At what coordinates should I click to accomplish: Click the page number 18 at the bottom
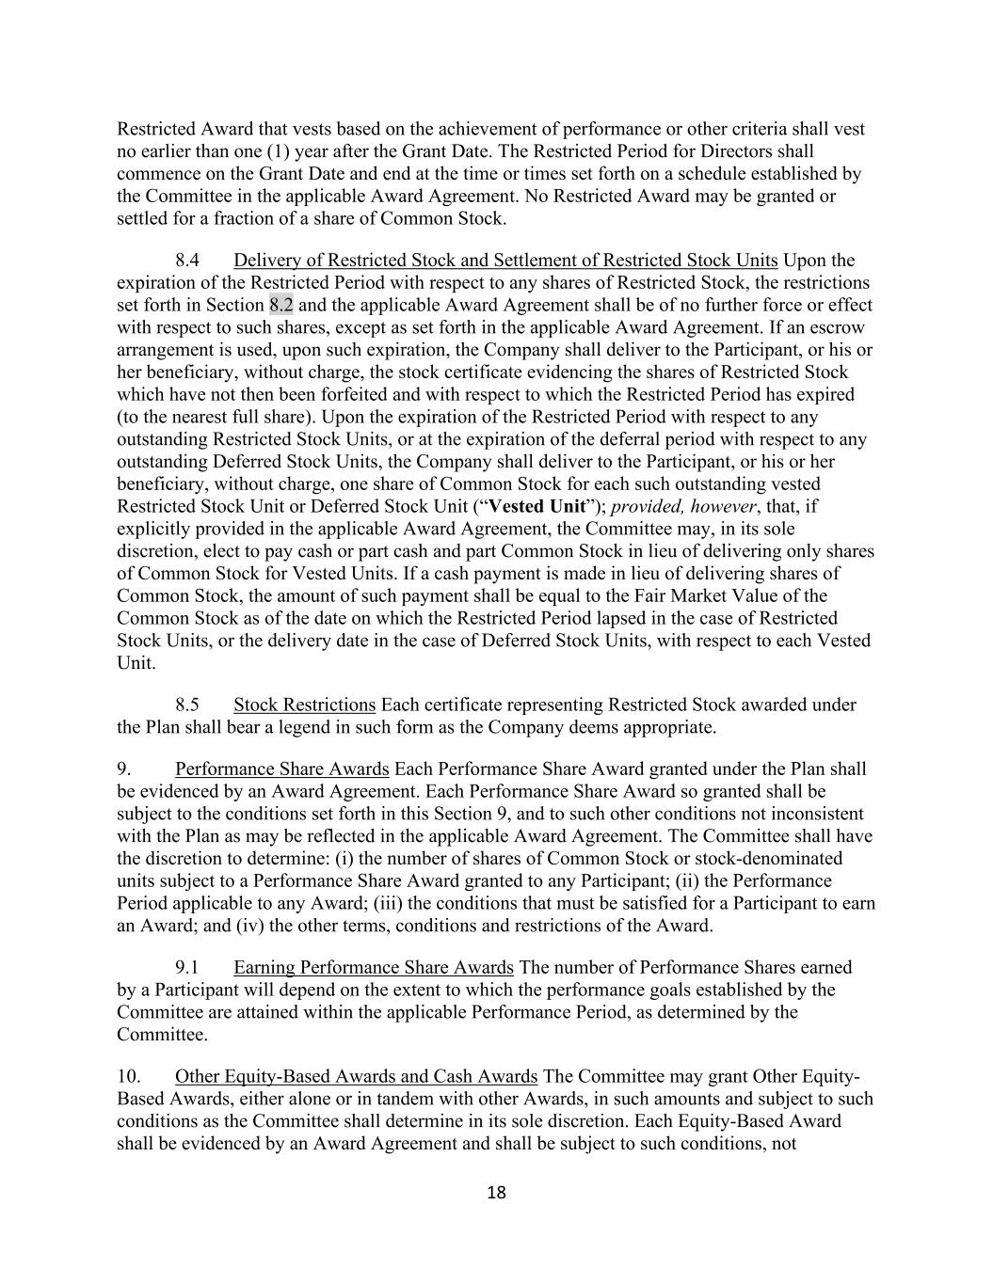(x=496, y=1194)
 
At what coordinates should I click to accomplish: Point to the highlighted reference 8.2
(x=281, y=305)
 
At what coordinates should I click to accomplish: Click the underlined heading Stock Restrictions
(x=304, y=705)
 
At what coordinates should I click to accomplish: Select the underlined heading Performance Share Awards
(x=281, y=769)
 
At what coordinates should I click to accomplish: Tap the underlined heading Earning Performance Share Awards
(x=373, y=967)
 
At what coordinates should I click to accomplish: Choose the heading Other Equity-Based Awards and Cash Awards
(x=356, y=1076)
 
